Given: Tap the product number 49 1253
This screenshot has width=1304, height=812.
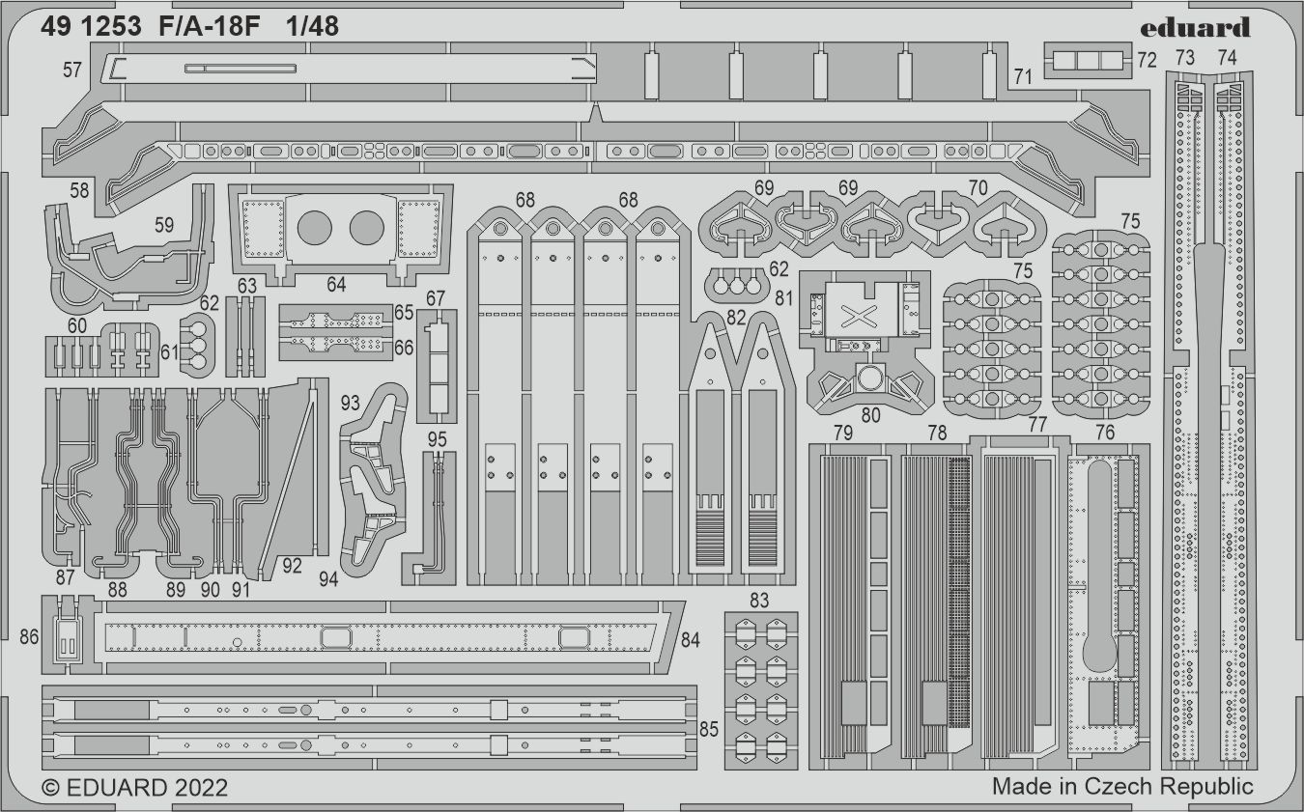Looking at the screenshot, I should [93, 27].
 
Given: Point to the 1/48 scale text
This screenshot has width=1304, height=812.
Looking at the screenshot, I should [312, 27].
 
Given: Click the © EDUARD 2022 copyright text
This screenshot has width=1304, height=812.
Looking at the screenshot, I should [135, 787].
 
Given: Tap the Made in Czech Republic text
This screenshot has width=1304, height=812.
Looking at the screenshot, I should [1122, 786].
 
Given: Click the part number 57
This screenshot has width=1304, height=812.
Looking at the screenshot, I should [71, 70].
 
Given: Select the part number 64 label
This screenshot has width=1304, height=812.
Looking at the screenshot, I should [336, 285].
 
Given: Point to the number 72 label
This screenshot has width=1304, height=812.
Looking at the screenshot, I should [1147, 60].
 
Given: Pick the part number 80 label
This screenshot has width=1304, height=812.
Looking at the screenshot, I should [871, 416].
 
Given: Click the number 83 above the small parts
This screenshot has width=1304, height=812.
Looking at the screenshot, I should [759, 601].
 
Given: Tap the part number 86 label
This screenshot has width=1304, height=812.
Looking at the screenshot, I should [29, 636].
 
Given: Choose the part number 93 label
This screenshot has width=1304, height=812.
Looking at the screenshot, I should [350, 401].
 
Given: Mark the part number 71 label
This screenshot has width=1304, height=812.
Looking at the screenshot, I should [1023, 76].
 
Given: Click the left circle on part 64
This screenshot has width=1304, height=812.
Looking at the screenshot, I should [314, 228].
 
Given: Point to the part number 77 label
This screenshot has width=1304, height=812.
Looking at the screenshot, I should [1037, 425].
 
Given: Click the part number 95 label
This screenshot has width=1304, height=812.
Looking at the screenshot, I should [437, 440].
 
